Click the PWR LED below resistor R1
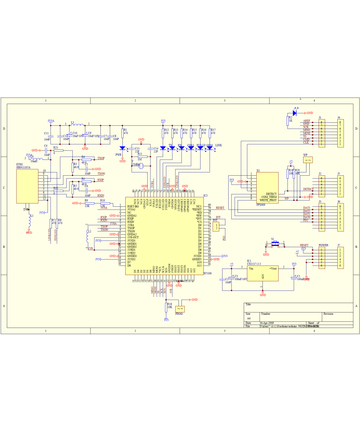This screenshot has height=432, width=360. (122, 148)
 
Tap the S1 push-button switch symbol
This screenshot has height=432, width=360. (275, 244)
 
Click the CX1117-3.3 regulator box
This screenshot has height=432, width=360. (263, 273)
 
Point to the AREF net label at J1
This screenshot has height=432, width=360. (306, 121)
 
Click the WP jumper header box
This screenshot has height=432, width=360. (308, 159)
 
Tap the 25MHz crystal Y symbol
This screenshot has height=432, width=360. (141, 166)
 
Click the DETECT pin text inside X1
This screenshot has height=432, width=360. (271, 194)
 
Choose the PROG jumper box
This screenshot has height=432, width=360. (180, 309)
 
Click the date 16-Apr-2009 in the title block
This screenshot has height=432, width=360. (267, 323)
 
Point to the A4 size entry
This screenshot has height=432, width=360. (248, 319)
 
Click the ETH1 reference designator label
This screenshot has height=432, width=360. (19, 165)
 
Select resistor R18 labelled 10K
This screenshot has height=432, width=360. (166, 307)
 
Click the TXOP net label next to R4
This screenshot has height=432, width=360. (101, 158)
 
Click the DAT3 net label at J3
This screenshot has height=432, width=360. (306, 208)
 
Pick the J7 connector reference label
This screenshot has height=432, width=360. (338, 245)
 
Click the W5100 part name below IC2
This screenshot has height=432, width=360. (207, 274)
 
